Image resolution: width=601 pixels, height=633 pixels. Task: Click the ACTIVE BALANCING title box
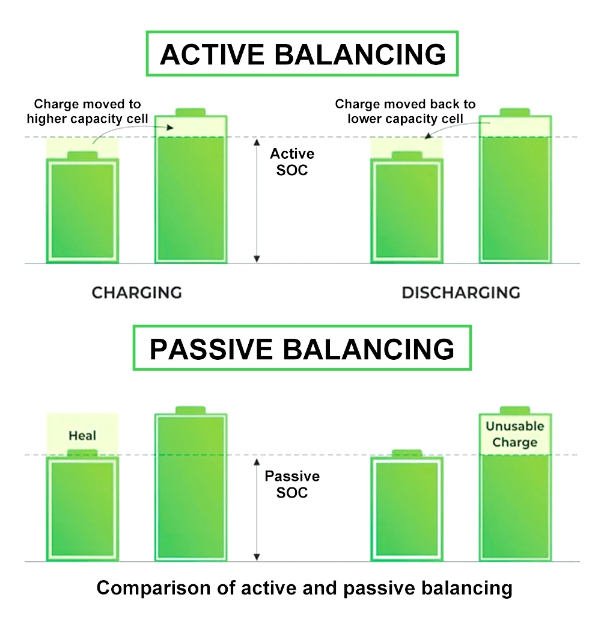pos(302,54)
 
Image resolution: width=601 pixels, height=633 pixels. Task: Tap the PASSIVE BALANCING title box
pos(302,348)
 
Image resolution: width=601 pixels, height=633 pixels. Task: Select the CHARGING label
pos(137,292)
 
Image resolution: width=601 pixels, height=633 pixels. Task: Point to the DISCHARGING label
pos(461,292)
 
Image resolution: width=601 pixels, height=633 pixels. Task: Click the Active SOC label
pos(292,162)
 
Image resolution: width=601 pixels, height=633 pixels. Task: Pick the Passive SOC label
pos(292,484)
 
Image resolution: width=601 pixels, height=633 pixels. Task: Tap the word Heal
pos(82,436)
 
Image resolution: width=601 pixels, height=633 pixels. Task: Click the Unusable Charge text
pos(514,434)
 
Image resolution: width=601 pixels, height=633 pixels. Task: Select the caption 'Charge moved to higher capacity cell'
pos(88,111)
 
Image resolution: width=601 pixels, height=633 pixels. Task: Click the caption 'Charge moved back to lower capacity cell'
pos(405,111)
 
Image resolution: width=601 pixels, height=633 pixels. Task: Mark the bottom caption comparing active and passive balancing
pos(305,588)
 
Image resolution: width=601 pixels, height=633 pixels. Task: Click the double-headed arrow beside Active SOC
pos(257,200)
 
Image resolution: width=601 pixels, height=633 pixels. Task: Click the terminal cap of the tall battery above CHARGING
pos(191,113)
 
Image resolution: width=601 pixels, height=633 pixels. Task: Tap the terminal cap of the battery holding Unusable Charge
pos(514,410)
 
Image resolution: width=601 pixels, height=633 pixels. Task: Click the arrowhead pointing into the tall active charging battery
pos(170,128)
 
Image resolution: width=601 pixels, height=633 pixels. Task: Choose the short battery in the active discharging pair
pos(407,208)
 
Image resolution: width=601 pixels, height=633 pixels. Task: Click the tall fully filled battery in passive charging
pos(191,484)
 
